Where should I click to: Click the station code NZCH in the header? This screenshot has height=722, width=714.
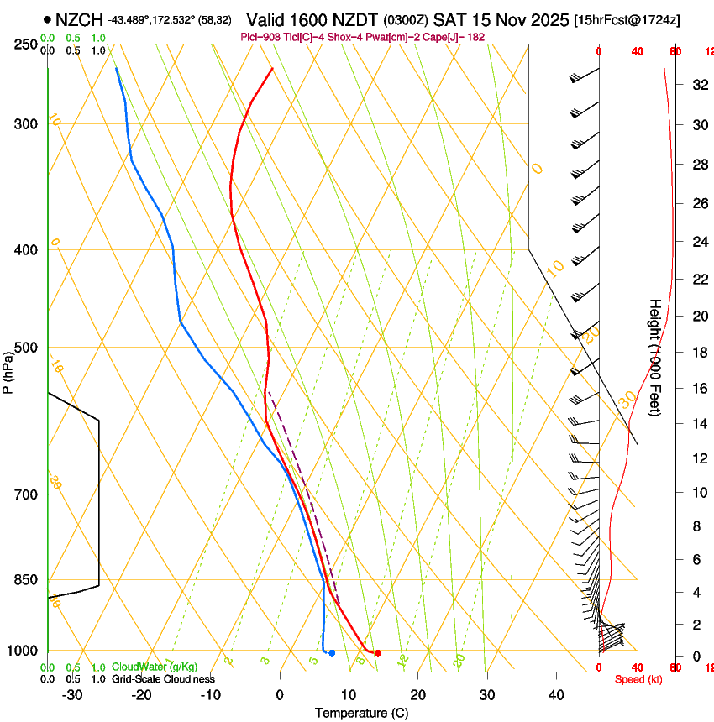click(79, 19)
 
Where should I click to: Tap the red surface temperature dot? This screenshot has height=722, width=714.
click(378, 652)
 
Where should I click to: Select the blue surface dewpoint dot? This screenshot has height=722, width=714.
click(333, 652)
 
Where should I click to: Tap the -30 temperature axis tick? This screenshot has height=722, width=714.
click(71, 695)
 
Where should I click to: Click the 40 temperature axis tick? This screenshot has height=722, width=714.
click(556, 695)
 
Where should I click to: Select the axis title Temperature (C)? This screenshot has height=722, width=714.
click(361, 713)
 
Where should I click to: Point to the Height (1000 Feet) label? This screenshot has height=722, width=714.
click(655, 358)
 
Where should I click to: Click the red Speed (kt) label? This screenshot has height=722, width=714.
click(638, 679)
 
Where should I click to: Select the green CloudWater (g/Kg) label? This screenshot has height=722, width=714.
click(155, 667)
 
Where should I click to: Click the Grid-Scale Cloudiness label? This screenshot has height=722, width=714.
click(163, 678)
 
